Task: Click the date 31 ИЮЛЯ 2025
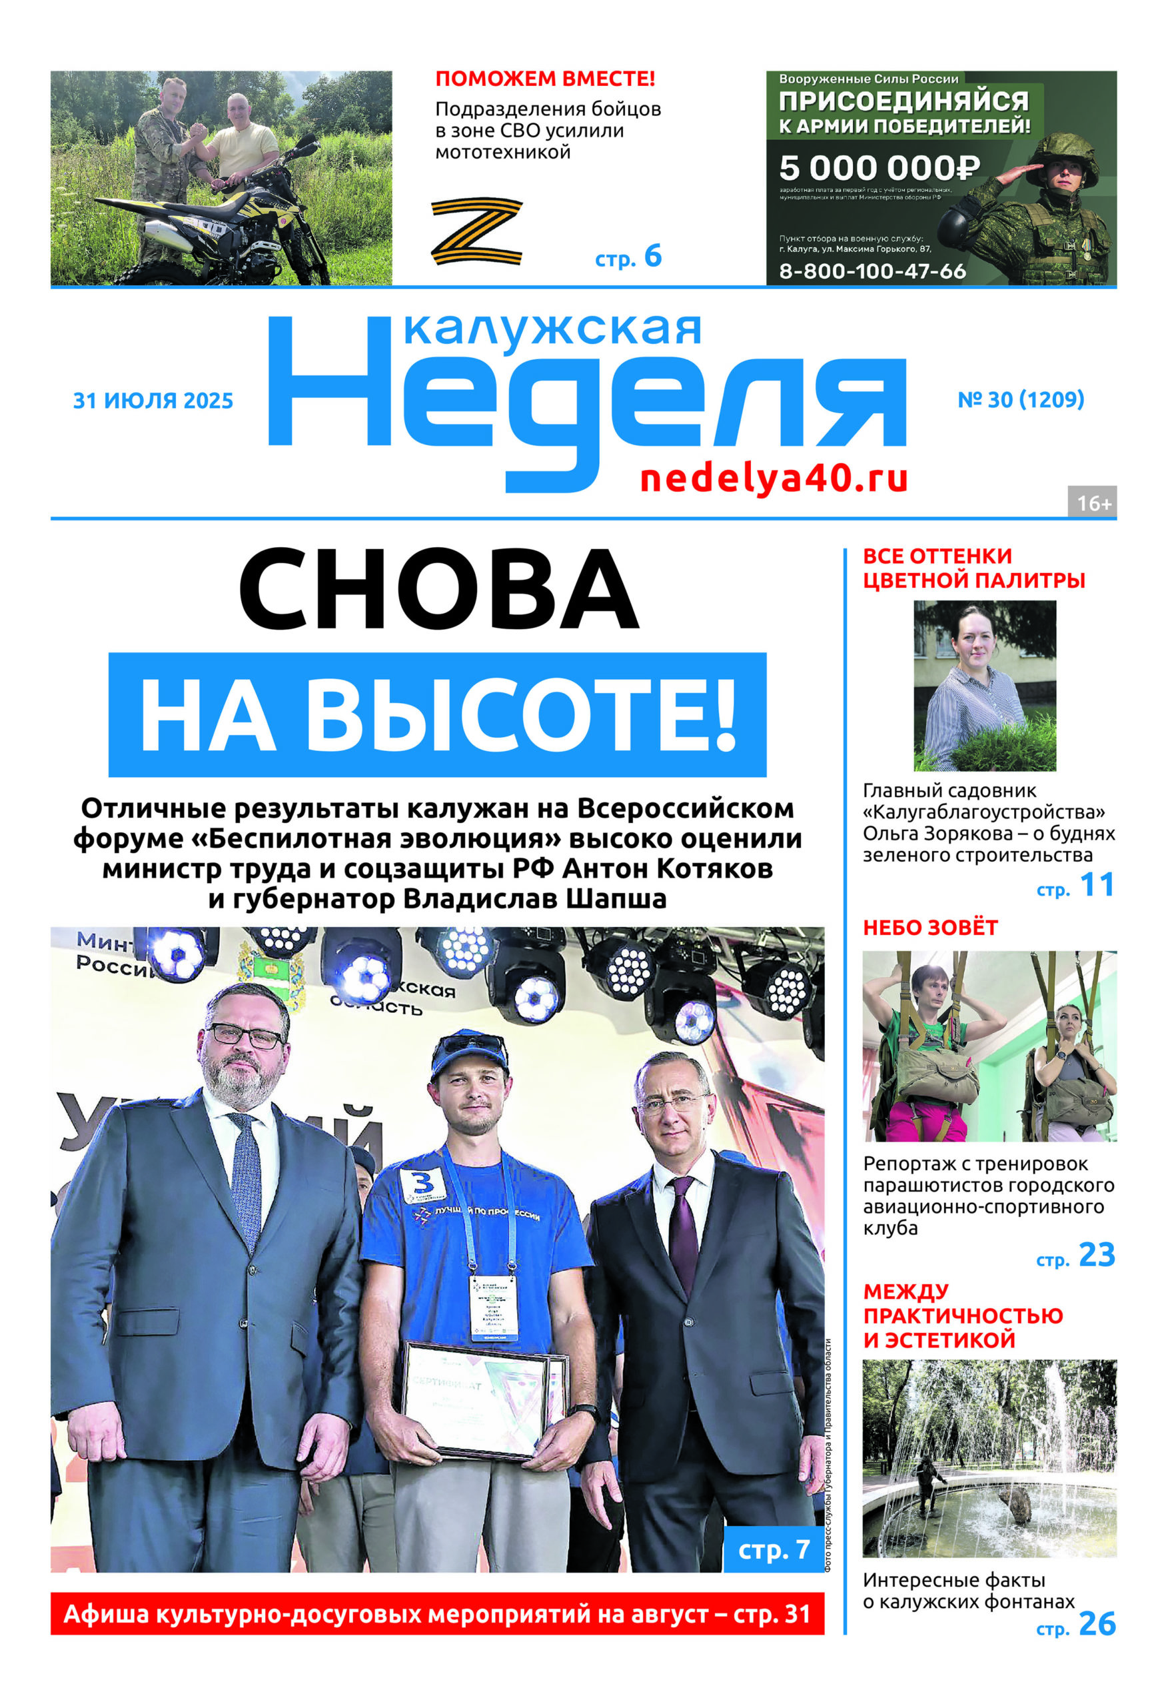coord(153,401)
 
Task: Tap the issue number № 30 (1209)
coord(1021,399)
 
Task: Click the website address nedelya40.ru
coord(774,479)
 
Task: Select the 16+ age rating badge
coord(1093,503)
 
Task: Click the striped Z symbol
coord(476,231)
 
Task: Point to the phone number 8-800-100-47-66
coord(872,271)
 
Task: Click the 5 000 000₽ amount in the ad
coord(879,169)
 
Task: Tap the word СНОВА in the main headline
coord(438,590)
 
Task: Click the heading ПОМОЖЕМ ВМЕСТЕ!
coord(545,78)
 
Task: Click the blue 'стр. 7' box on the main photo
coord(774,1549)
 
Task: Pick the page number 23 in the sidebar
coord(1097,1255)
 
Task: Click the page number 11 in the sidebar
coord(1097,884)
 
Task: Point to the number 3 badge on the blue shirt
coord(422,1184)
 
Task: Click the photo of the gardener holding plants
coord(984,685)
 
